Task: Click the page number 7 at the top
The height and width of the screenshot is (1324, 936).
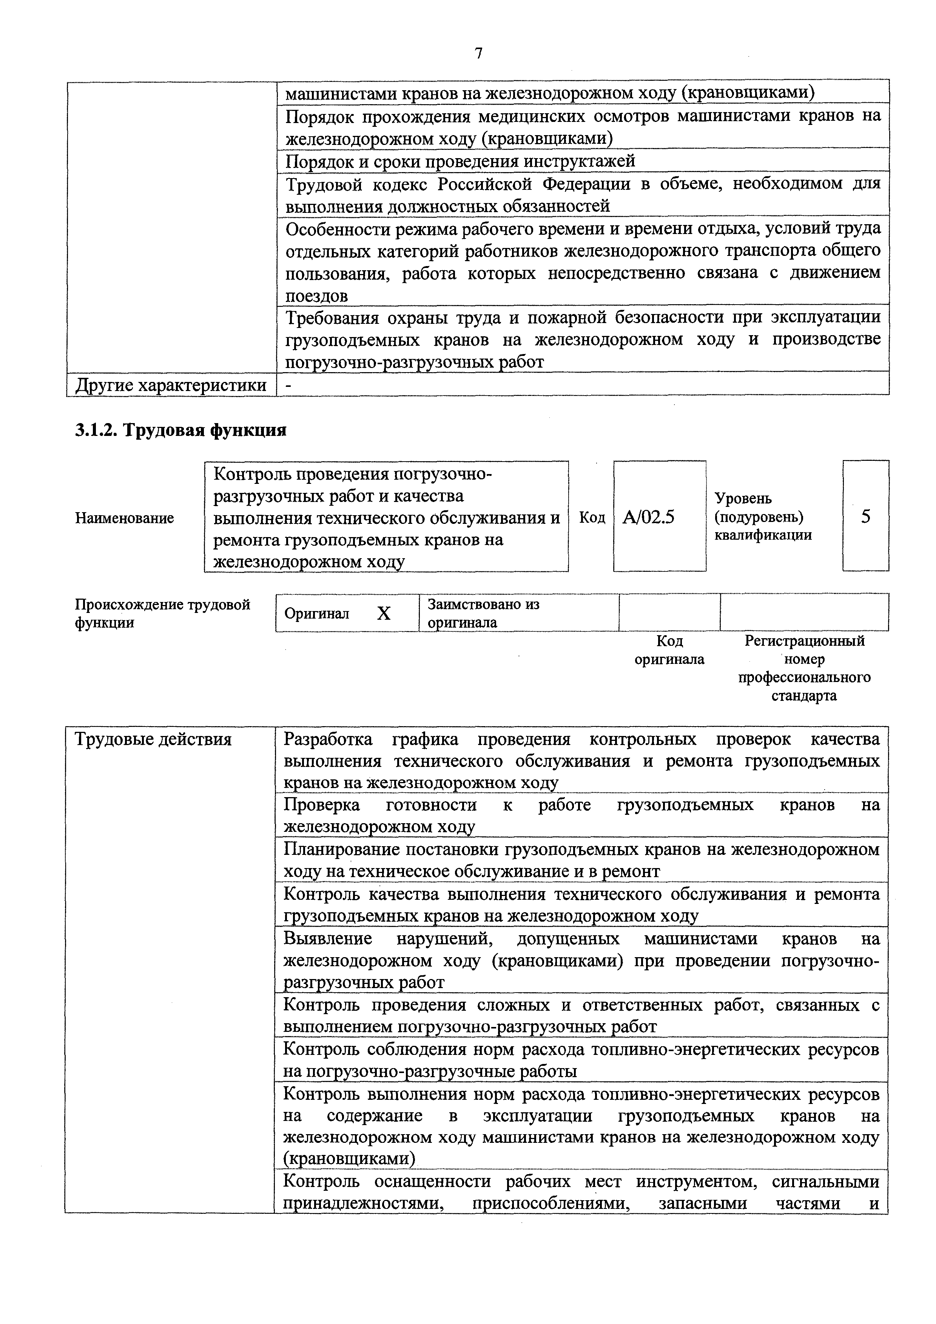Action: pos(478,54)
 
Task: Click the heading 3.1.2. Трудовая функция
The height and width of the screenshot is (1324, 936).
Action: pos(180,430)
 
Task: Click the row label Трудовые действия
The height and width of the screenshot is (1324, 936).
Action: pos(153,739)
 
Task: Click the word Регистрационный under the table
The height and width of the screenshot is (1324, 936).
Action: pos(805,640)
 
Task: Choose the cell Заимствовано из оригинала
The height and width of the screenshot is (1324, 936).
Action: pos(483,613)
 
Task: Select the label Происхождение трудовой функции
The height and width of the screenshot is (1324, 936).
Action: pos(163,613)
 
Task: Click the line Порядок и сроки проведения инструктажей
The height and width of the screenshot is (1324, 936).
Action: pos(460,160)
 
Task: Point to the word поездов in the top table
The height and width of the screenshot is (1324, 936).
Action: pos(317,296)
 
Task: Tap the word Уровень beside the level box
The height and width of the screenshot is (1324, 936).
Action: pos(743,498)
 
